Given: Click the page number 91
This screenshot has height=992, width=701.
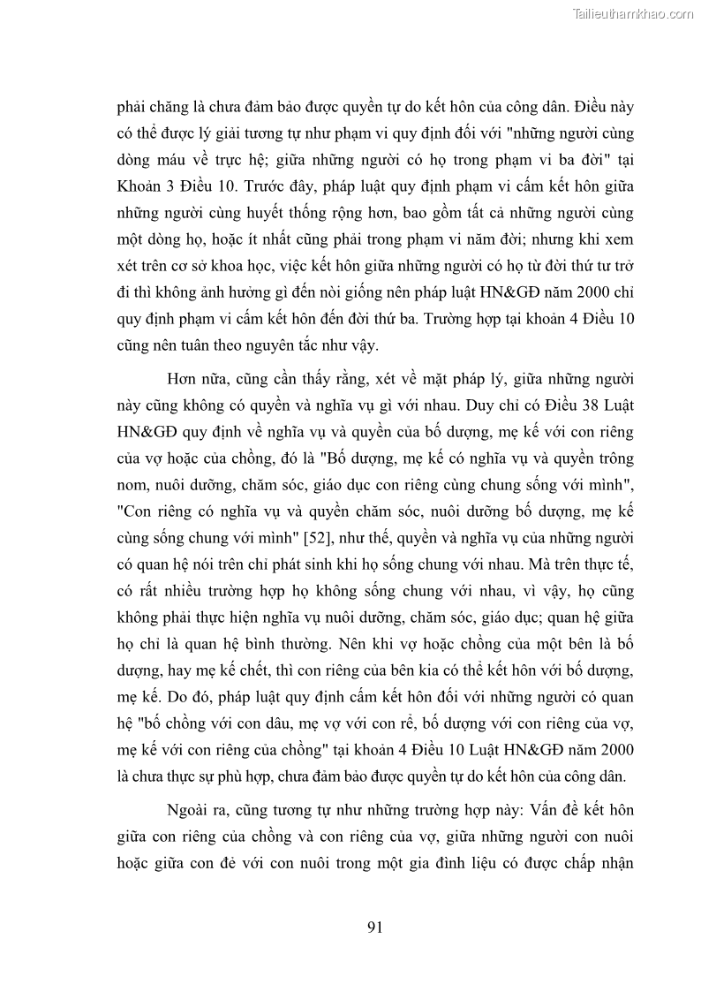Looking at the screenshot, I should [374, 927].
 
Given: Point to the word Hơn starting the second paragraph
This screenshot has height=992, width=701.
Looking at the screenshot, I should [183, 379].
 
